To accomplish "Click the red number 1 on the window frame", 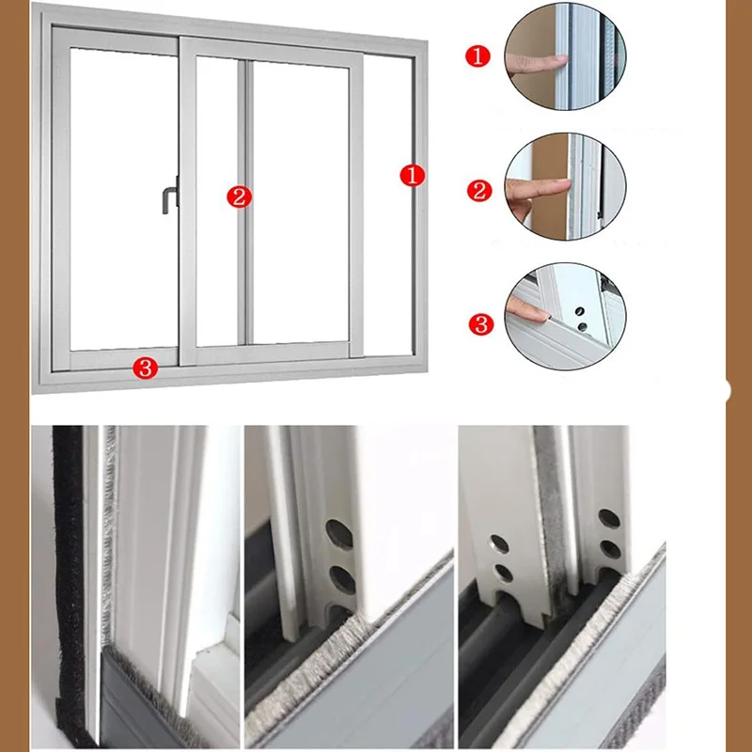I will (413, 175).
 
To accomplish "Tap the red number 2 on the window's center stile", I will (239, 196).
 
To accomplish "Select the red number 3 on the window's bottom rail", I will (145, 368).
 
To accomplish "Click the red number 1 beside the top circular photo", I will (478, 57).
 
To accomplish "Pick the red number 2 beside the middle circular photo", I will (479, 191).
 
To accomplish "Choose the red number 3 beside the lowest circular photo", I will (480, 325).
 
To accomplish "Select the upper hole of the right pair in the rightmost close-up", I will (608, 518).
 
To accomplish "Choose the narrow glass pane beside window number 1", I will (387, 207).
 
